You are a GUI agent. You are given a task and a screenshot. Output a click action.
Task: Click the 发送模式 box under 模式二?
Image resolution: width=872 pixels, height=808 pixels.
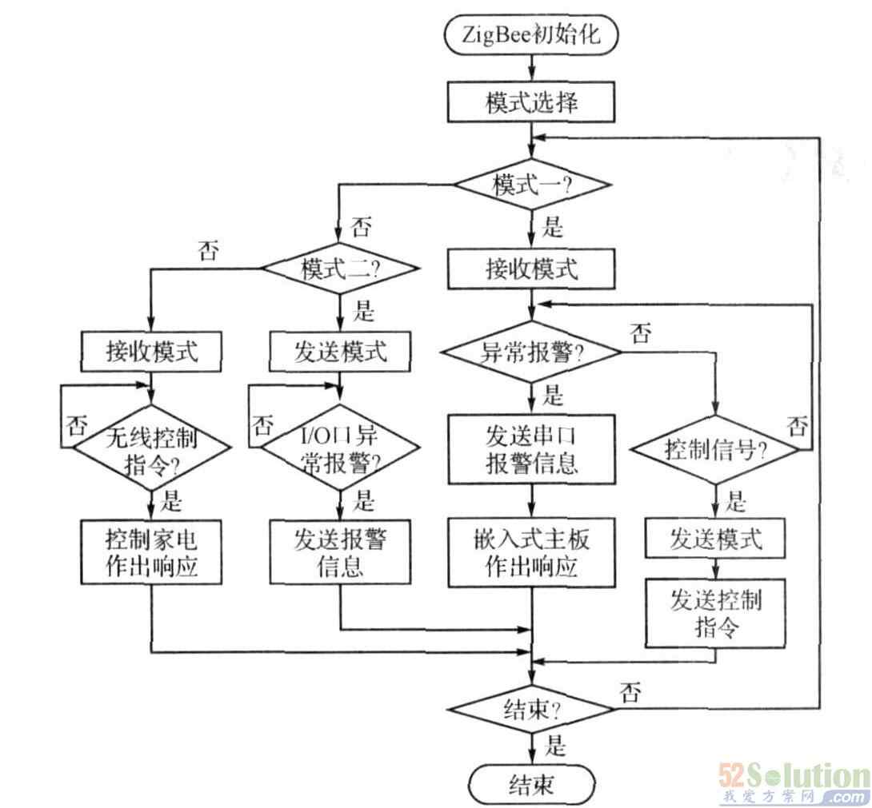coord(342,352)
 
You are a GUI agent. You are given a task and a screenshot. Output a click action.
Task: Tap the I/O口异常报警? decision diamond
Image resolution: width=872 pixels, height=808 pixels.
coord(342,450)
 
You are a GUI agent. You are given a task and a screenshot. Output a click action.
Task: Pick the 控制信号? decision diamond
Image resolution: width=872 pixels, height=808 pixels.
coord(715,450)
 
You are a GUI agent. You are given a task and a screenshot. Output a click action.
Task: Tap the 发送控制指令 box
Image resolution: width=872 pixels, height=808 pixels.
coord(715,612)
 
